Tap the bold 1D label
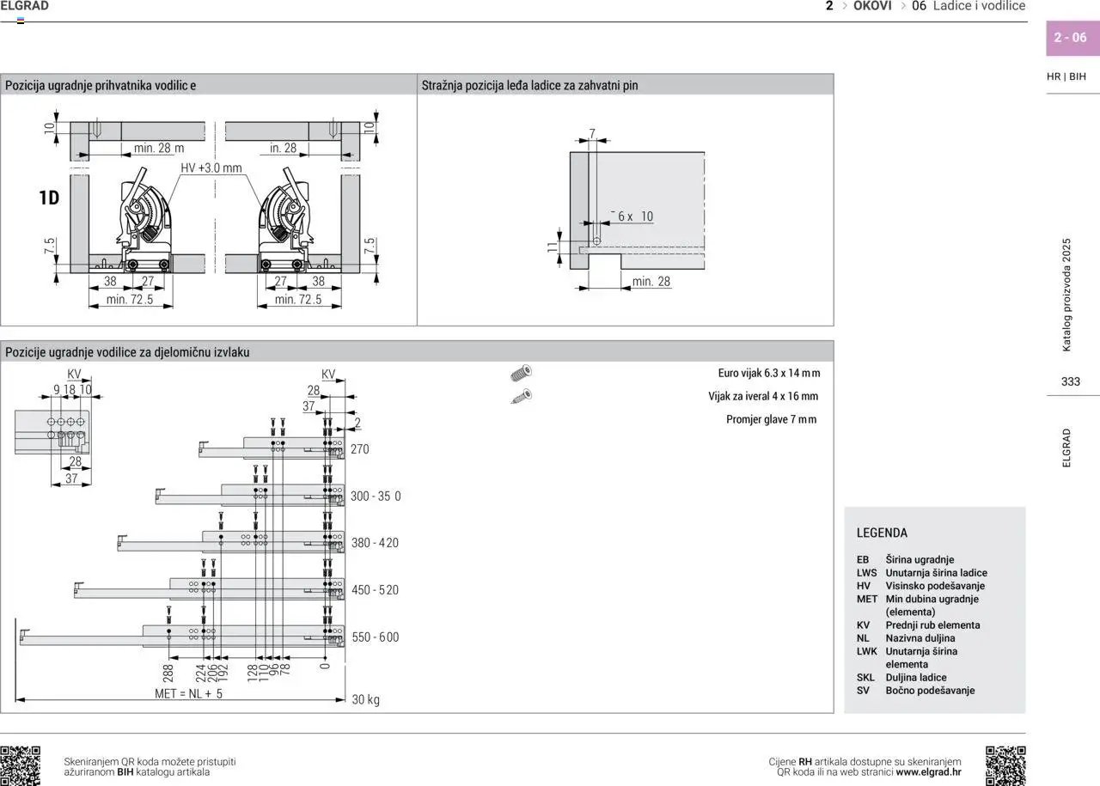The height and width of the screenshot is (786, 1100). tap(49, 198)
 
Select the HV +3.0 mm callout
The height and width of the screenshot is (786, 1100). tap(211, 168)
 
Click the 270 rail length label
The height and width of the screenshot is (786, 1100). tap(359, 448)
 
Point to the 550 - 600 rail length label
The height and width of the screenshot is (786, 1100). tap(376, 637)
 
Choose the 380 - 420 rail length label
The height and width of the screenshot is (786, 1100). tap(375, 543)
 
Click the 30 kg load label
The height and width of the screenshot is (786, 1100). tap(365, 699)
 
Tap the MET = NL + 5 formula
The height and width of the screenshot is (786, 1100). tap(188, 693)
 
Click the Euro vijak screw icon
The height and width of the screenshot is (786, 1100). tap(521, 373)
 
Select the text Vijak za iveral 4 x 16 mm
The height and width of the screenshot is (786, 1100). tap(763, 396)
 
